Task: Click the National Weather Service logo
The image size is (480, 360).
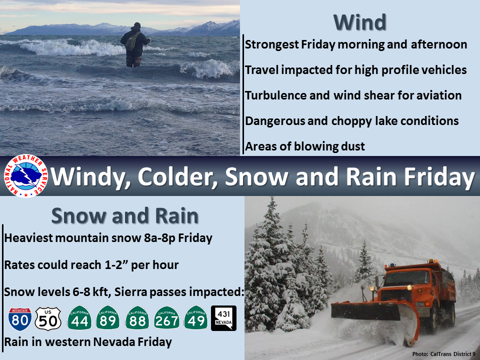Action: click(x=26, y=175)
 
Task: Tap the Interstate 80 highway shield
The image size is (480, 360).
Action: click(x=20, y=319)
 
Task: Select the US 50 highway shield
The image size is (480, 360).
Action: click(x=48, y=319)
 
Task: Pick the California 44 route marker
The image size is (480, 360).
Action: click(x=79, y=318)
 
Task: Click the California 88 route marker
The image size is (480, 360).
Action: click(x=137, y=318)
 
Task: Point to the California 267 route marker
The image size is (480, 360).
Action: click(x=166, y=318)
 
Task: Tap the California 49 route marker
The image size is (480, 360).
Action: click(x=195, y=318)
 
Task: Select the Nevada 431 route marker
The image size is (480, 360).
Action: click(x=224, y=318)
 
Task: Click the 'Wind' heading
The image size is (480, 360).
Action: click(x=359, y=22)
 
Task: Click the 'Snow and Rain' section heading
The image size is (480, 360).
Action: click(x=125, y=215)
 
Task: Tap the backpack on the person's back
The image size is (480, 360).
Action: click(x=131, y=41)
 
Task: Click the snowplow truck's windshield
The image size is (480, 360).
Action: click(x=407, y=278)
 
